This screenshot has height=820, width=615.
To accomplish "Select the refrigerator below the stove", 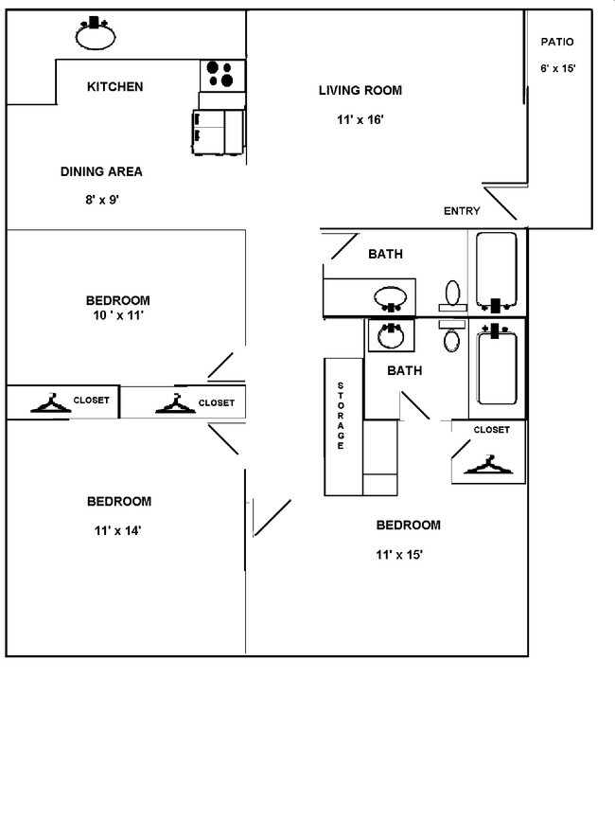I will (219, 131).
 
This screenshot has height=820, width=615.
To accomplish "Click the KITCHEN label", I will (114, 87).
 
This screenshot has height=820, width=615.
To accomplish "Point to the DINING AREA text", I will (101, 171).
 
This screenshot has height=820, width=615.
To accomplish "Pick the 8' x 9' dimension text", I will (101, 200).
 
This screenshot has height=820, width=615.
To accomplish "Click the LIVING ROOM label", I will (360, 91).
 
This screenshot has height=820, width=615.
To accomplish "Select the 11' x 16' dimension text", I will (360, 119).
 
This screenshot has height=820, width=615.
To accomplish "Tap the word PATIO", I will (557, 42).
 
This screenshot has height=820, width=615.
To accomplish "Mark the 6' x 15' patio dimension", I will (557, 68).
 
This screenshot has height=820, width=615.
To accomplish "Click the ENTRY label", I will (462, 211).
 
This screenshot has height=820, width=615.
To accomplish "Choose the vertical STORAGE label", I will (341, 416).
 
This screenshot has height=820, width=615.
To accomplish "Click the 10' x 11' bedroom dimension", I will (117, 316).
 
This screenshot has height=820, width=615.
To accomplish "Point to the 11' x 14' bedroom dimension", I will (117, 530).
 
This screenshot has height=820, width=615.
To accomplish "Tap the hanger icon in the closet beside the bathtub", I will (488, 464).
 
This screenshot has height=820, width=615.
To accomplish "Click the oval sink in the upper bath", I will (391, 298).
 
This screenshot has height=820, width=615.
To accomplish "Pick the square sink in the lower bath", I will (389, 335).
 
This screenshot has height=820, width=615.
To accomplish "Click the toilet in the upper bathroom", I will (452, 294).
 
